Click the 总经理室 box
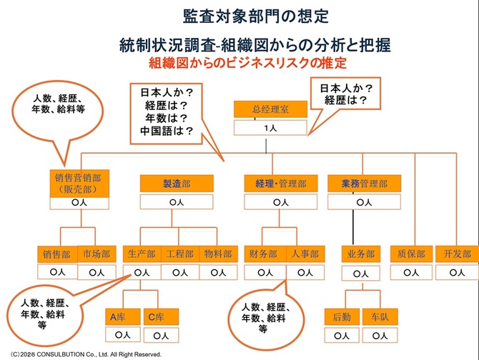[270, 110]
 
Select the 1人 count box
[270, 128]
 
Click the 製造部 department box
[177, 184]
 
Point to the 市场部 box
[96, 254]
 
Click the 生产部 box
[142, 254]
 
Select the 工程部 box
[179, 254]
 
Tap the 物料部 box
[217, 254]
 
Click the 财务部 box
[264, 254]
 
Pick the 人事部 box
[305, 254]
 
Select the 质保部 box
[411, 254]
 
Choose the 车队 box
[375, 317]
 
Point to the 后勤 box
[342, 317]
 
